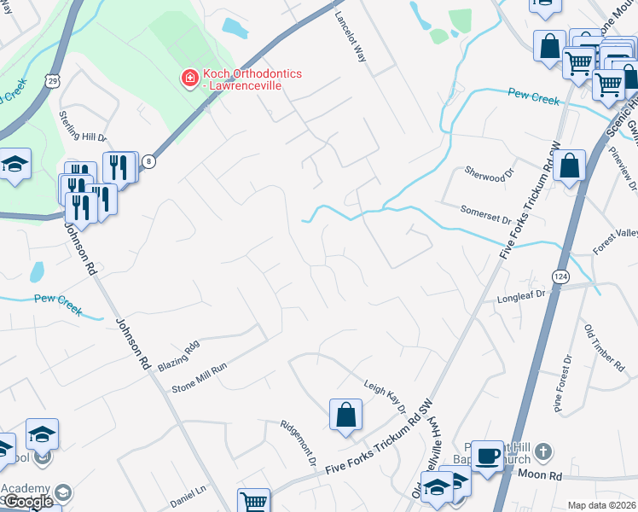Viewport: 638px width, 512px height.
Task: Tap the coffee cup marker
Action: click(487, 454)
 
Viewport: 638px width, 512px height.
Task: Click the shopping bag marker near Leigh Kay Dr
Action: click(346, 416)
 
